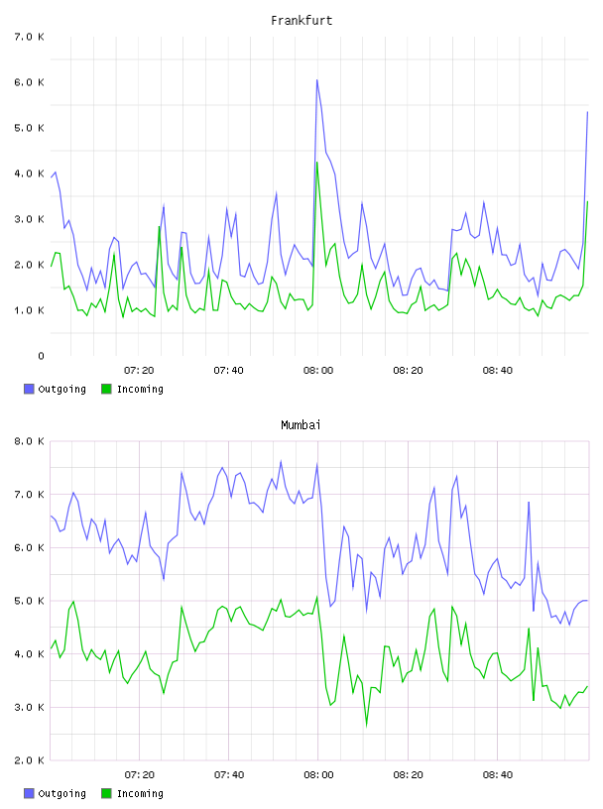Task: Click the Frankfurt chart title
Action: (x=301, y=21)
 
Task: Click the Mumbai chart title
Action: (x=301, y=425)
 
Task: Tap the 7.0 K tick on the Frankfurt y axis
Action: (x=29, y=37)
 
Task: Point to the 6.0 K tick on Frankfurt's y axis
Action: (x=29, y=82)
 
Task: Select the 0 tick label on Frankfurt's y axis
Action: (x=41, y=356)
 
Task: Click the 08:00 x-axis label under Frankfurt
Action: (x=318, y=371)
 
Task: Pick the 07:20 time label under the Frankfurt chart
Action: (x=139, y=371)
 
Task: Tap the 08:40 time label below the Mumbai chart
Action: (x=498, y=775)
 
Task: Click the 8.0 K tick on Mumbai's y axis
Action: (x=29, y=441)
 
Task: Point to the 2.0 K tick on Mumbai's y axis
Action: (x=29, y=760)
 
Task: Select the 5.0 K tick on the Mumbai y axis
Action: (x=29, y=601)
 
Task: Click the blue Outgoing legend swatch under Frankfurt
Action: (x=29, y=389)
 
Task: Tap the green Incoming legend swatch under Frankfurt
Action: (x=106, y=389)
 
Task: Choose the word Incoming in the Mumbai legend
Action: (x=140, y=794)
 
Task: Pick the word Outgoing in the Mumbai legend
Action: (x=61, y=794)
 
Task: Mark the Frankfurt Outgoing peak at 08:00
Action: (x=317, y=80)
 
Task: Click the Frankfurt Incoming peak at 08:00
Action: (x=317, y=163)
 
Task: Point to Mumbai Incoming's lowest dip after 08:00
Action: (x=367, y=726)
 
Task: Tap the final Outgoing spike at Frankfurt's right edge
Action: (x=587, y=112)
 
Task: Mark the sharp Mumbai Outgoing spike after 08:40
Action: (x=529, y=502)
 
